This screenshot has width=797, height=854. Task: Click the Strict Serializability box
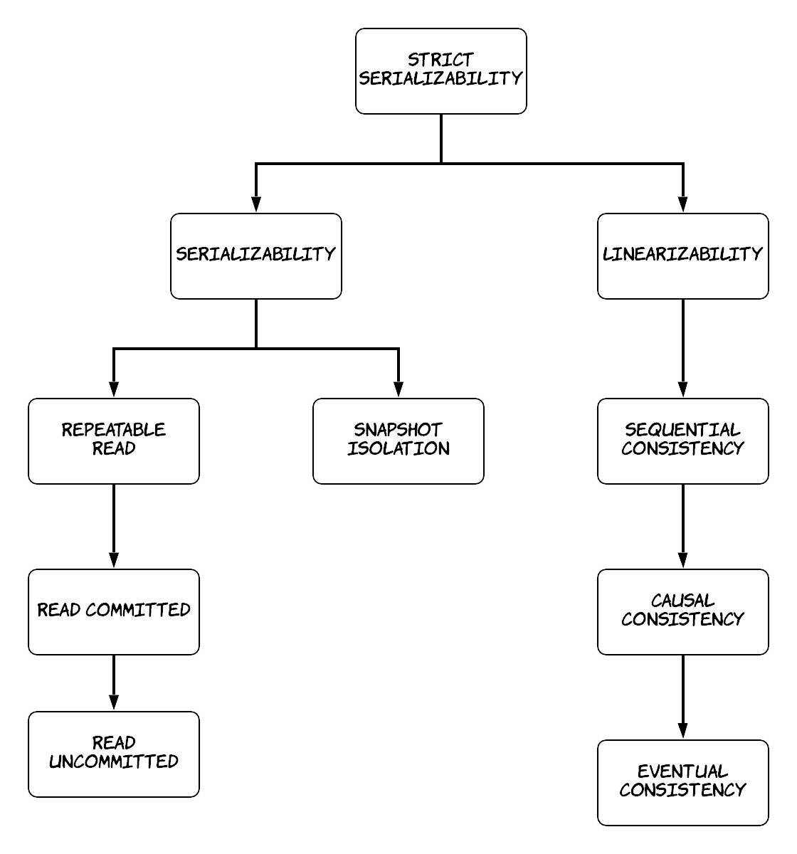441,71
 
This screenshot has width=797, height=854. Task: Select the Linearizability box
682,256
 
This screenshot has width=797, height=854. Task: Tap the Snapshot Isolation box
398,441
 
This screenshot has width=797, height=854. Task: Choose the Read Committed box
114,612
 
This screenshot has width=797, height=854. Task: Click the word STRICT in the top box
441,60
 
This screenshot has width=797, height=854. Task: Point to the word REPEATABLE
114,430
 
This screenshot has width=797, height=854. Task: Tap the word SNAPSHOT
398,430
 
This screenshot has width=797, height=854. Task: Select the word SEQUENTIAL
682,430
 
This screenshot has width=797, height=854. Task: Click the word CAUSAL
682,601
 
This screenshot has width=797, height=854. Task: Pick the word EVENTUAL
682,771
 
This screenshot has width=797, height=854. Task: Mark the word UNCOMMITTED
114,761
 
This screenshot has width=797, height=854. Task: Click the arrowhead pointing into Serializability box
256,205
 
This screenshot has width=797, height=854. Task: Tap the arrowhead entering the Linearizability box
682,205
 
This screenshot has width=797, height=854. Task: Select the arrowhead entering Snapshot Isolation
398,389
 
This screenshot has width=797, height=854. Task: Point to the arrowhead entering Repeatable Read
114,389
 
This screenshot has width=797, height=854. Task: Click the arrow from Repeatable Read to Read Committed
114,527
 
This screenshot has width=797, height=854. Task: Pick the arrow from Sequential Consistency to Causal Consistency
682,527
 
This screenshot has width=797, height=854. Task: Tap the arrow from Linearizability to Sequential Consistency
682,348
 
